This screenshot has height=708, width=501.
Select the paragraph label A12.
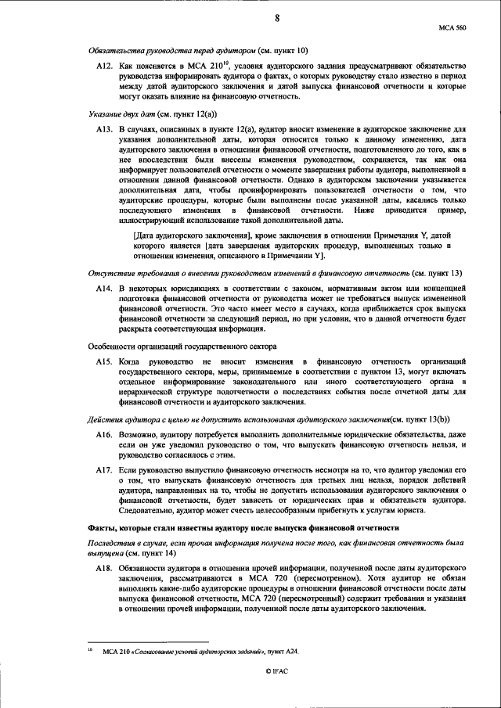[x=106, y=69]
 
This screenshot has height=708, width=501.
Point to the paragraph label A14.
[x=106, y=289]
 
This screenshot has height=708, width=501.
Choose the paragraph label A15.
[x=106, y=361]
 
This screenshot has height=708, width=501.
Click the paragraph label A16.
[x=106, y=434]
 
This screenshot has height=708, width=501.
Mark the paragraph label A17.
[x=106, y=471]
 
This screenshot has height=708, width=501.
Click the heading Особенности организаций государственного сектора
[x=181, y=346]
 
